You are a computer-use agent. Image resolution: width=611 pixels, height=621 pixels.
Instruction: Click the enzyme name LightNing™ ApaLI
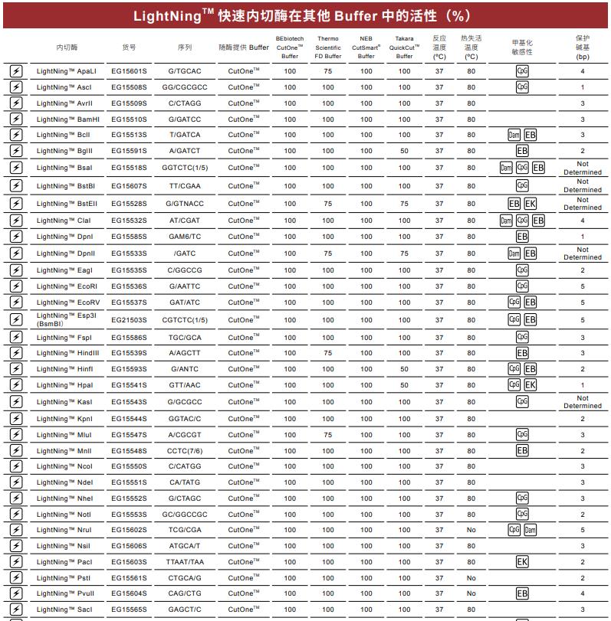click(x=66, y=71)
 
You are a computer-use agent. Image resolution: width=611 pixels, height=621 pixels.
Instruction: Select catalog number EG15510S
click(x=129, y=119)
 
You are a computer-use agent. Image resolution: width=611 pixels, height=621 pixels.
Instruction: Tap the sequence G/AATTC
click(x=185, y=286)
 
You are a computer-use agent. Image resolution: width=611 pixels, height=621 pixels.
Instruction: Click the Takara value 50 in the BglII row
click(x=404, y=152)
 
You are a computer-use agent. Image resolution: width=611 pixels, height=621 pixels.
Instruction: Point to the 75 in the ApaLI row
click(x=327, y=71)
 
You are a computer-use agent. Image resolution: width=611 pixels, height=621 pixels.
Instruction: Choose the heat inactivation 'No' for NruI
click(x=471, y=530)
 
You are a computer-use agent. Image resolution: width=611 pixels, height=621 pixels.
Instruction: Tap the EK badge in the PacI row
click(x=522, y=562)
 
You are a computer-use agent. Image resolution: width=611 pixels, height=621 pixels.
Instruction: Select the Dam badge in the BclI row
click(x=514, y=136)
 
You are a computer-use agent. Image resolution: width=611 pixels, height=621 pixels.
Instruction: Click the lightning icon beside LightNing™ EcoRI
click(x=15, y=286)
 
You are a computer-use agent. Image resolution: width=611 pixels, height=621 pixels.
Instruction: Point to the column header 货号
click(x=129, y=47)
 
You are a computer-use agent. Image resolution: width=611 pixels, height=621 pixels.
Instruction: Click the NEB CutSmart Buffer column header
click(x=366, y=47)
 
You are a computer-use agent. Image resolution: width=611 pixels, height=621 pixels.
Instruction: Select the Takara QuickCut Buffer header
click(x=404, y=47)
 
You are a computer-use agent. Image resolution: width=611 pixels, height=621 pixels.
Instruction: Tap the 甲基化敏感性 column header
click(x=522, y=47)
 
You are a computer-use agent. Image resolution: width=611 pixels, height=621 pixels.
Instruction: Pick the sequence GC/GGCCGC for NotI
click(x=185, y=515)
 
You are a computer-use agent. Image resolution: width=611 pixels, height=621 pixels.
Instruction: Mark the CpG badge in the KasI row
click(x=522, y=402)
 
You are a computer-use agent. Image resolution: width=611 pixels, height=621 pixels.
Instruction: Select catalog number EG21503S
click(x=129, y=320)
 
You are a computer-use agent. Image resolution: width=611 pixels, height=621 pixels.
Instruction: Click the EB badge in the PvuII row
click(x=522, y=593)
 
